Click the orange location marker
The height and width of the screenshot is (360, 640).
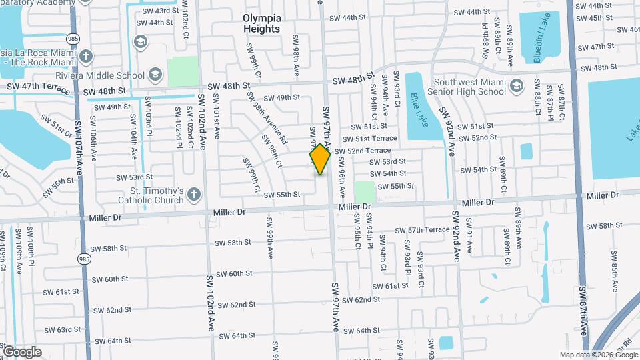coord(320,159)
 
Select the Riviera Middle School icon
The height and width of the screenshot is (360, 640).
coord(155,73)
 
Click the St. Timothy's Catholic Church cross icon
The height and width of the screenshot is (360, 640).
coord(193,194)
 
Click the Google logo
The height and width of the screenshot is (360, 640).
coord(22,351)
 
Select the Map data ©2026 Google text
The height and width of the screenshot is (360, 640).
coord(598,355)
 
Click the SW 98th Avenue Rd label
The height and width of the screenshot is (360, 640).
coord(267,119)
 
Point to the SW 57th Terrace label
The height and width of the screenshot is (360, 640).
coord(422,230)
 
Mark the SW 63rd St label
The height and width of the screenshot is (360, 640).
coord(59,330)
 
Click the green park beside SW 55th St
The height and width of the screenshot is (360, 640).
coord(364,192)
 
